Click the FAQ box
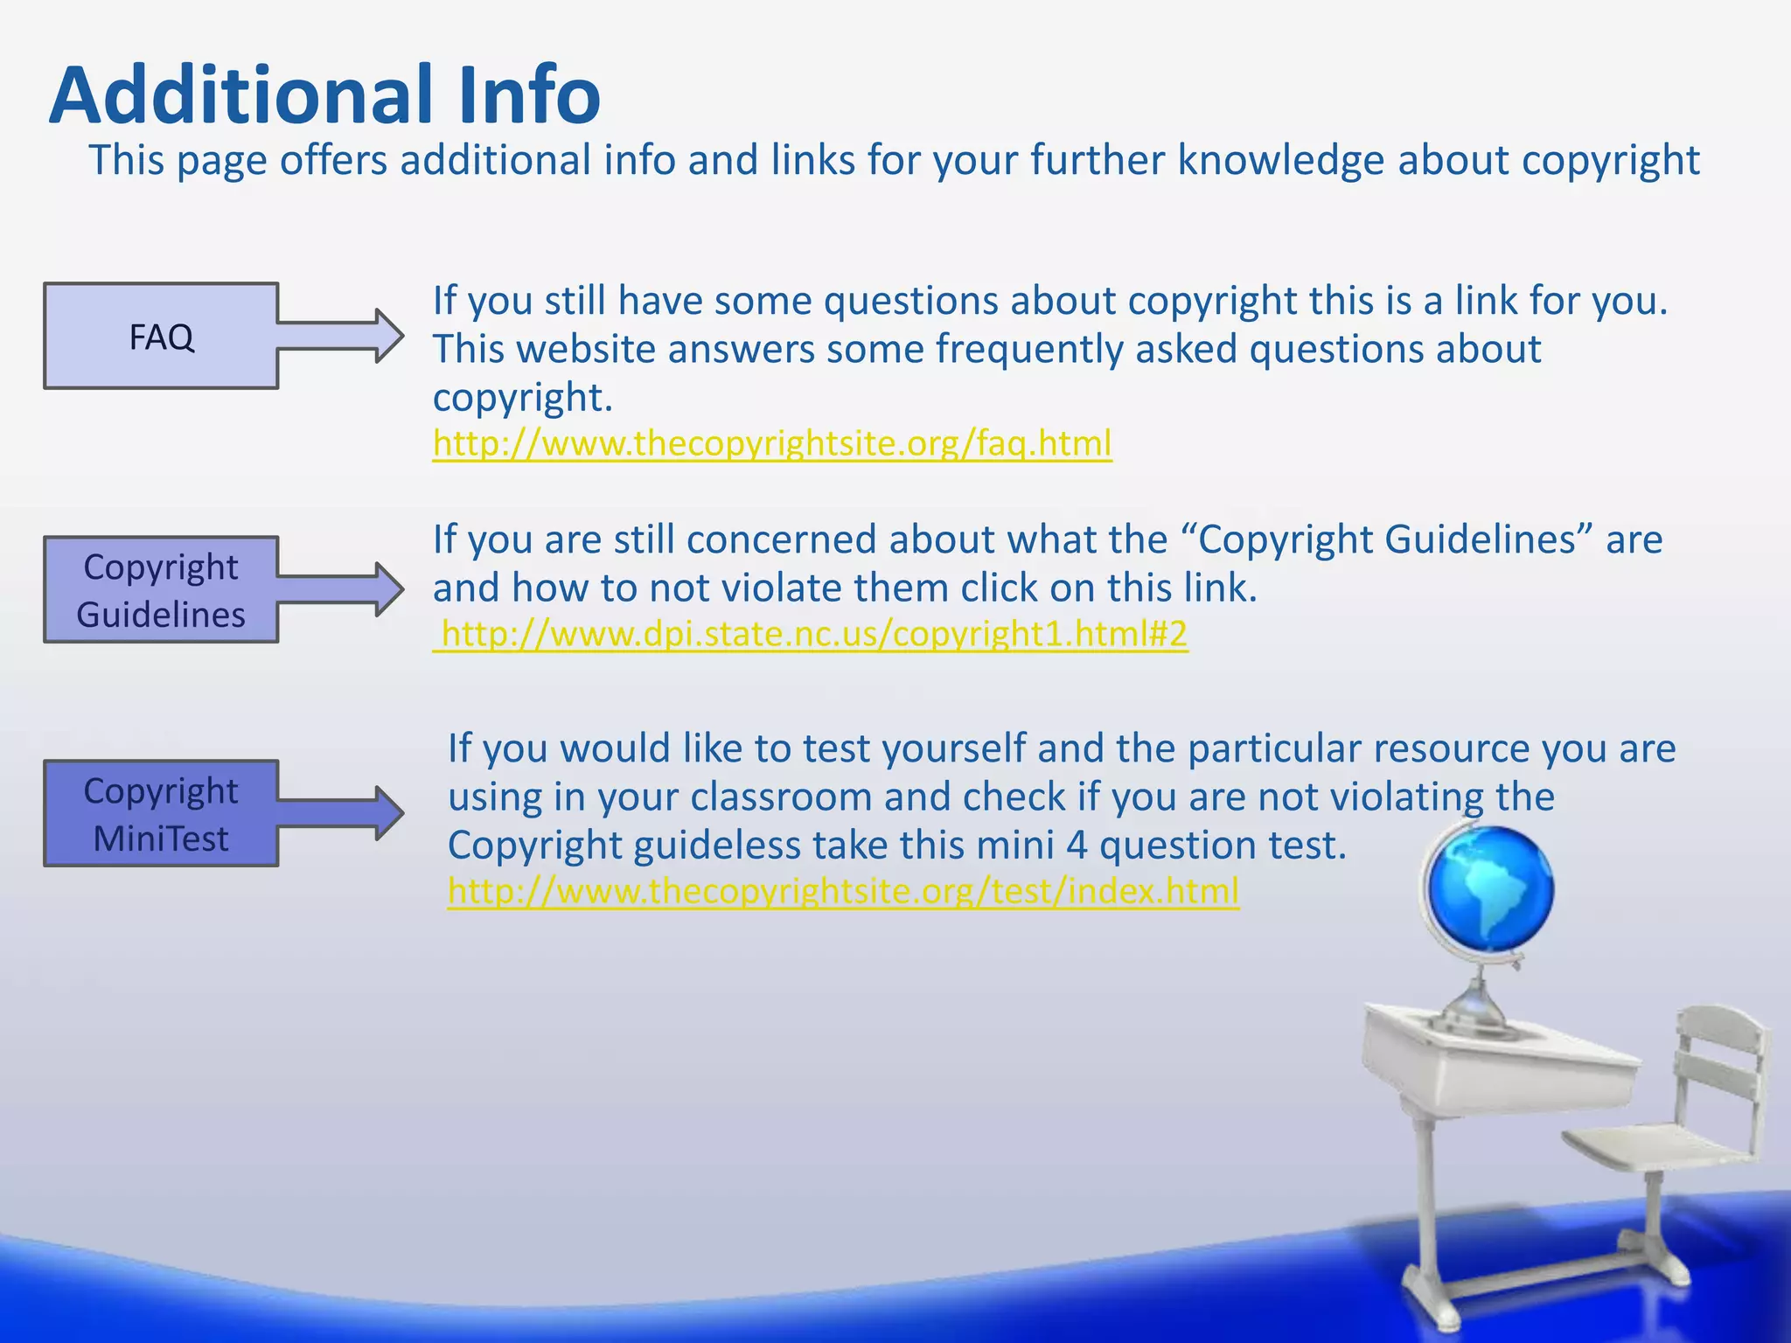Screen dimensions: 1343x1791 click(161, 336)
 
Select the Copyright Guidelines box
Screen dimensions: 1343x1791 click(161, 590)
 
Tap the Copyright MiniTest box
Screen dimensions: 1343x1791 click(161, 814)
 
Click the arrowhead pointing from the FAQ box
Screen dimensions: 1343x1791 click(389, 336)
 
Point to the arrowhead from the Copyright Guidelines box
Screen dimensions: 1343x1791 click(389, 590)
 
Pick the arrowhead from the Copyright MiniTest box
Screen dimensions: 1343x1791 click(389, 814)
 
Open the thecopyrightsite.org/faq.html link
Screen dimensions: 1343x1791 click(772, 443)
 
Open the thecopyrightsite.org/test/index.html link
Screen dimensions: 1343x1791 click(843, 891)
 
